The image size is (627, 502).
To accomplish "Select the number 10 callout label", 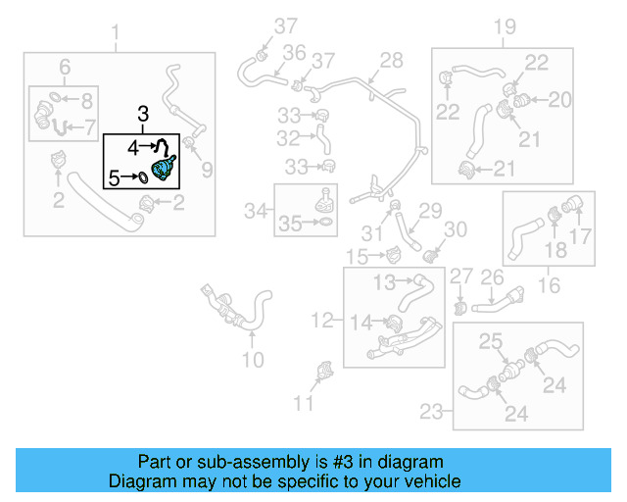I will coord(252,360).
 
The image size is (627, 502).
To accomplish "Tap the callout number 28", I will coord(391,61).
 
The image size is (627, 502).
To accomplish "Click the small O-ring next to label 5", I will coord(141,177).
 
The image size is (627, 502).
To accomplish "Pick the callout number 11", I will coord(305,402).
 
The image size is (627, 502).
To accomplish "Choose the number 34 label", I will coord(256,210).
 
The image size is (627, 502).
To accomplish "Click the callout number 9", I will coord(207,171).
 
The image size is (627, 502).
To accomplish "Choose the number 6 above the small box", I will coord(65,67).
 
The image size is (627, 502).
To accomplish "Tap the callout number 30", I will coord(457,229).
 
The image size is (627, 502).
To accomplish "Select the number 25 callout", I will coord(490,342).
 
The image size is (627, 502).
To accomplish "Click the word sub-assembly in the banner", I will coord(229,462).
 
